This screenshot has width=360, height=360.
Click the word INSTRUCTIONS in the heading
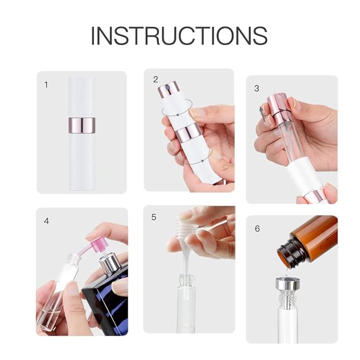tap(179, 36)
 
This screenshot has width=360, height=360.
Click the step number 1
tap(46, 84)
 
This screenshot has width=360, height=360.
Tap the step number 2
tap(155, 80)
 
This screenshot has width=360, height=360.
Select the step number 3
tap(257, 88)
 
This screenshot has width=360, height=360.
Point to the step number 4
tap(47, 221)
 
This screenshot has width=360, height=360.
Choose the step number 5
tap(154, 217)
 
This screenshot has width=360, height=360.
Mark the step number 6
tap(257, 229)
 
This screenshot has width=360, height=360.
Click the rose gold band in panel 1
tap(82, 126)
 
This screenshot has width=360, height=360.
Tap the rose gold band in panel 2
tap(188, 133)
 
